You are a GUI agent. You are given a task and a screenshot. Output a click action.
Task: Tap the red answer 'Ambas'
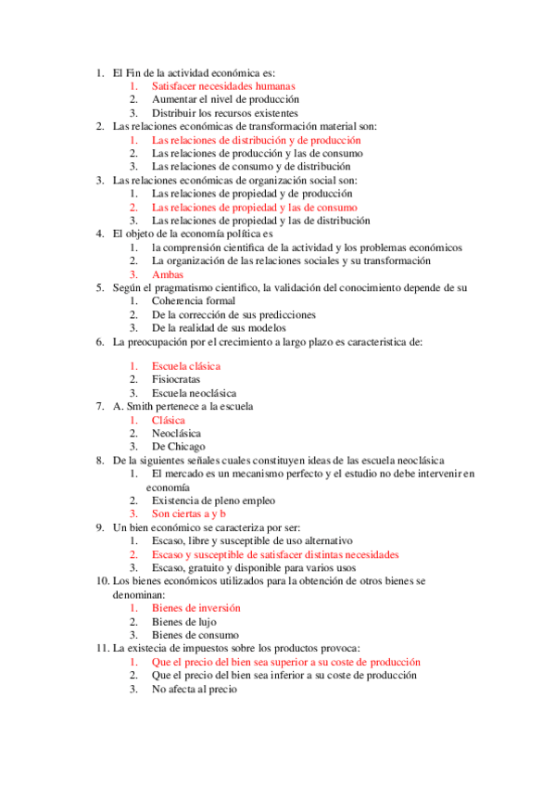tap(168, 274)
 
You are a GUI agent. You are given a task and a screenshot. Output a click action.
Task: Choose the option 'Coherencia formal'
tap(194, 301)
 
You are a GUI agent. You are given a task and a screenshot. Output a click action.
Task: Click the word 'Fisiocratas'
tap(176, 379)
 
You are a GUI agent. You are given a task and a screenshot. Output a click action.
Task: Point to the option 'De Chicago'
tap(178, 446)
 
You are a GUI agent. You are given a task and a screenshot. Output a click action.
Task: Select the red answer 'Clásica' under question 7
tap(169, 420)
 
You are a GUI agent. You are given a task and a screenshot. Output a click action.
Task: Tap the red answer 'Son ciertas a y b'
tap(189, 513)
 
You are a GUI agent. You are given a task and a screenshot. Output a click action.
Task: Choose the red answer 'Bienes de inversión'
tap(196, 608)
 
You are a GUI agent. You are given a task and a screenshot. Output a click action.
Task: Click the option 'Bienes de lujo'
tap(185, 621)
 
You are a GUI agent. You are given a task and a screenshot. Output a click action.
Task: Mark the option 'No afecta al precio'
tap(195, 689)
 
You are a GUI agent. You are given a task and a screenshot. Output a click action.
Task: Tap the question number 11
tap(102, 648)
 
